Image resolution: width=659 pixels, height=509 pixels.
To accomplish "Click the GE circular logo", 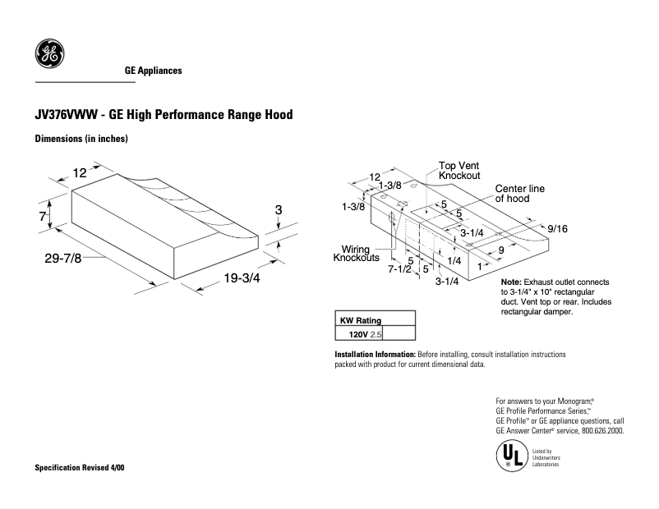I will (x=47, y=54).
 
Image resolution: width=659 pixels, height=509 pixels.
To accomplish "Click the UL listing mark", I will (x=510, y=456).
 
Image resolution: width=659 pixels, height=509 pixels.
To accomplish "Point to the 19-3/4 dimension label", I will (x=242, y=278).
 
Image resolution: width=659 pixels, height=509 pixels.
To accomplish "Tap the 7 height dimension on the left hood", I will (x=41, y=217).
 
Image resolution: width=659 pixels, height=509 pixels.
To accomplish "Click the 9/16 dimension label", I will (x=556, y=229).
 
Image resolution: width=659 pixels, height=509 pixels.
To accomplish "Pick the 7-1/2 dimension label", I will (x=399, y=269).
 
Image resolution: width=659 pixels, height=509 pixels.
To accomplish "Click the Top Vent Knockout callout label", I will (x=459, y=171).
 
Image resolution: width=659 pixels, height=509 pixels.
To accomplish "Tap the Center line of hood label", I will (x=519, y=194).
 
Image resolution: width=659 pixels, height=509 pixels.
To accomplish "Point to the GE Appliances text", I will (x=153, y=71).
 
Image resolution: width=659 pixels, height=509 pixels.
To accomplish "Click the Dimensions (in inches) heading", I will (x=81, y=139).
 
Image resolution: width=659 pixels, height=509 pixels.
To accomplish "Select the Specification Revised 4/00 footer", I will (x=79, y=467).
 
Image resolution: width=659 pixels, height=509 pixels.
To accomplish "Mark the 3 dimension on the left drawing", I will (x=278, y=211).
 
